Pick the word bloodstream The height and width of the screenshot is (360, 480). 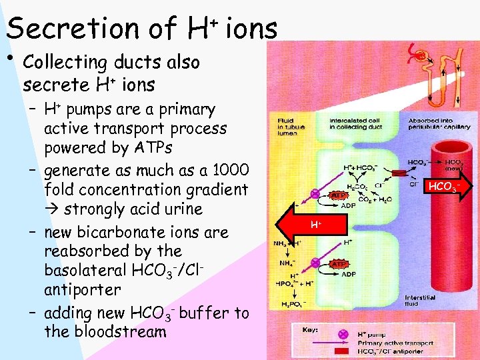pos(105,331)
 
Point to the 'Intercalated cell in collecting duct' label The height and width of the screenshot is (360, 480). pos(354,125)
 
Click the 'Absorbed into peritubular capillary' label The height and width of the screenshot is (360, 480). pos(434,125)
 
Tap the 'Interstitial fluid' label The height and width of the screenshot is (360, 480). pos(420,300)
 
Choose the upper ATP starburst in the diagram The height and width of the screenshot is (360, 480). pos(338,195)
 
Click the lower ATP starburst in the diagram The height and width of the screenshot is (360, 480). pos(339,264)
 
